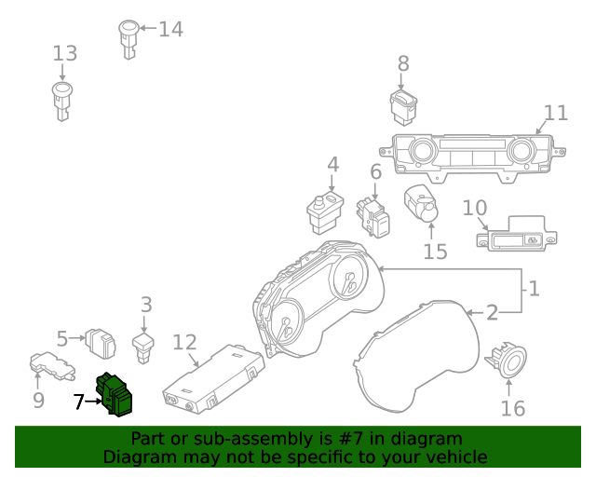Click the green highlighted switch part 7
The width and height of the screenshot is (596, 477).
point(115,393)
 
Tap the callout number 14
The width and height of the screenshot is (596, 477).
point(170,29)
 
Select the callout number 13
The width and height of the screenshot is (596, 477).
point(64,53)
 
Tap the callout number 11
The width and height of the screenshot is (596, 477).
point(555,113)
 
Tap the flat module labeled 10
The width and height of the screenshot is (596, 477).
point(515,236)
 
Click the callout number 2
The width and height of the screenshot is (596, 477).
point(492,312)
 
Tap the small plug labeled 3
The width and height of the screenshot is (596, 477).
point(144,350)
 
